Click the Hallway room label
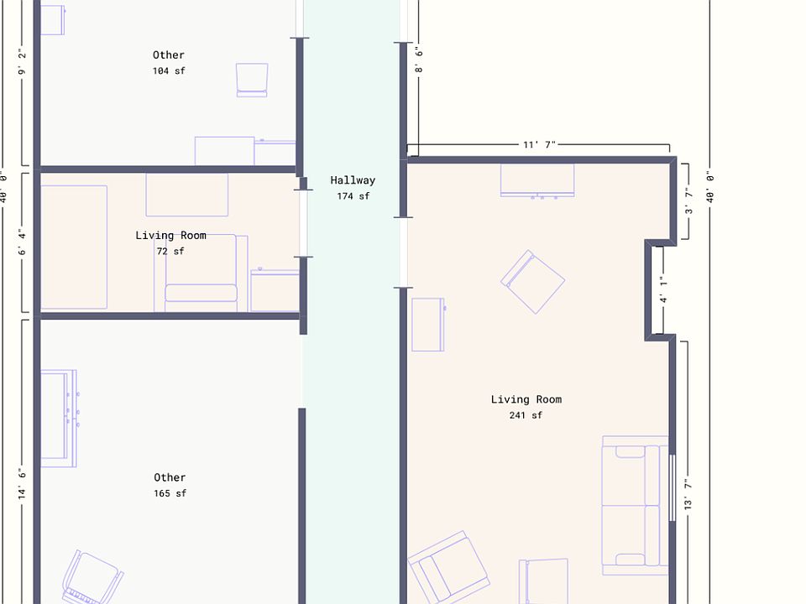pyautogui.click(x=353, y=180)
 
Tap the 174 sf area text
pyautogui.click(x=353, y=196)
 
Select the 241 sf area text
pyautogui.click(x=526, y=415)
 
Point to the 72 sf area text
pyautogui.click(x=170, y=251)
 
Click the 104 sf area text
pyautogui.click(x=169, y=70)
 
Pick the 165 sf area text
pyautogui.click(x=170, y=493)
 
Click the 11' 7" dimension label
pyautogui.click(x=539, y=145)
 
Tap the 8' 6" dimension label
pyautogui.click(x=419, y=60)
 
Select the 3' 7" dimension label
pyautogui.click(x=688, y=200)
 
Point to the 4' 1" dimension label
pyautogui.click(x=663, y=290)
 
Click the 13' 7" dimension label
pyautogui.click(x=688, y=494)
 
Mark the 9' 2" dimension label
pyautogui.click(x=22, y=62)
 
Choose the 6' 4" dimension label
pyautogui.click(x=22, y=242)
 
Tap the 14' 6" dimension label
pyautogui.click(x=22, y=483)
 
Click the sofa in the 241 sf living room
pyautogui.click(x=636, y=505)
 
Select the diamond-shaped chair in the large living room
pyautogui.click(x=532, y=282)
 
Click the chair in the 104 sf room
pyautogui.click(x=252, y=81)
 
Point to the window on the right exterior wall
pyautogui.click(x=672, y=488)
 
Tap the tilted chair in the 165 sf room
pyautogui.click(x=92, y=577)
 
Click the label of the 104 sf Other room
pyautogui.click(x=169, y=55)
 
